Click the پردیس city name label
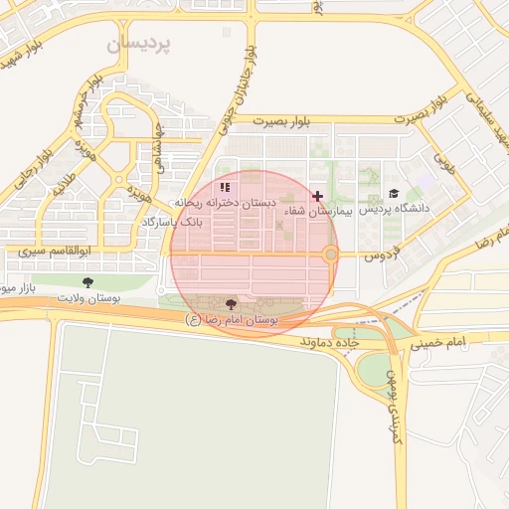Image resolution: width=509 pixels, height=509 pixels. [x=138, y=45]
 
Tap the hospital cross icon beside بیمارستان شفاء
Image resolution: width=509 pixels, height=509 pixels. [x=317, y=197]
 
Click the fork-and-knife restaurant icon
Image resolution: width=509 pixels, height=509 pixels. [x=226, y=187]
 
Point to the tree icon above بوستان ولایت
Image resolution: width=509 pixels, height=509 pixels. [x=87, y=282]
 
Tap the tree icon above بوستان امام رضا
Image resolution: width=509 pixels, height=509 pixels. [x=232, y=304]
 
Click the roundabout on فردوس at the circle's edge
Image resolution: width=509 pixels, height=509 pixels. [x=331, y=255]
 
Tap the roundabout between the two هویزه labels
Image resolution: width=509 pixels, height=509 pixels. [x=119, y=180]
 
